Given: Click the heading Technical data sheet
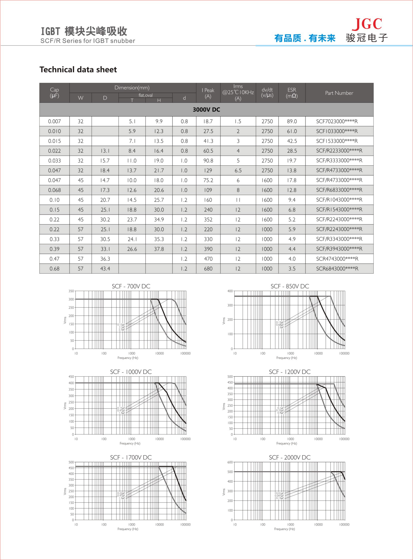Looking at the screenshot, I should click(x=78, y=70).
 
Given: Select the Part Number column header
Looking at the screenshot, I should click(x=339, y=93).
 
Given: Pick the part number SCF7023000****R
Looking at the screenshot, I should click(x=337, y=121).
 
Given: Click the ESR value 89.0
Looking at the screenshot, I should click(x=292, y=121).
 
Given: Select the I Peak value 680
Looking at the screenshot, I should click(x=208, y=269).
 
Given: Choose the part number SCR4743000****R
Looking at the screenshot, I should click(x=337, y=259).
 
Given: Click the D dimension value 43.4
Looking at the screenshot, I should click(x=105, y=269).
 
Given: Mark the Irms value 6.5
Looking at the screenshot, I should click(x=238, y=170).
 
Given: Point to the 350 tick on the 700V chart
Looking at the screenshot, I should click(x=71, y=291).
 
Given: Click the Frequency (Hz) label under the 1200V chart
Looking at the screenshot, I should click(x=287, y=443).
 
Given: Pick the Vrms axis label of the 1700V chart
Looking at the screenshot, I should click(x=65, y=491).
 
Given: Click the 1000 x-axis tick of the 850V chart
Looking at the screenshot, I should click(x=291, y=353).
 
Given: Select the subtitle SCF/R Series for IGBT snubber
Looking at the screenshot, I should click(x=88, y=41).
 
